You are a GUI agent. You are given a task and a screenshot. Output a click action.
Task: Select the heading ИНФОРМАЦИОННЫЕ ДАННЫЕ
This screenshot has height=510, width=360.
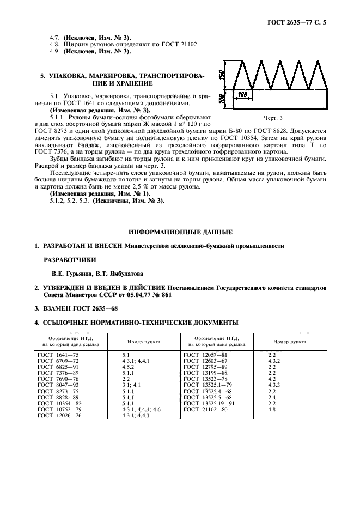tap(179, 232)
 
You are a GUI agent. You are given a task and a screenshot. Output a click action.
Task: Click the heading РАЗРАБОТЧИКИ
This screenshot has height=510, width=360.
tap(69, 260)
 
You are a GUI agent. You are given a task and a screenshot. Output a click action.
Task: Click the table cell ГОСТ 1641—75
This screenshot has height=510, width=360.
tap(58, 354)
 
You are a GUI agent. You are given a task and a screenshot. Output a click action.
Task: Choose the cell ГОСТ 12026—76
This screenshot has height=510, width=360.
tap(58, 415)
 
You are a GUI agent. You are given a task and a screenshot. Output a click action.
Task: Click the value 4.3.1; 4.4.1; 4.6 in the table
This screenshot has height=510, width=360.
tap(141, 409)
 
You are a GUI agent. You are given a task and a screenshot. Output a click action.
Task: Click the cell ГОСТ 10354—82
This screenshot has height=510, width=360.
tap(58, 403)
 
